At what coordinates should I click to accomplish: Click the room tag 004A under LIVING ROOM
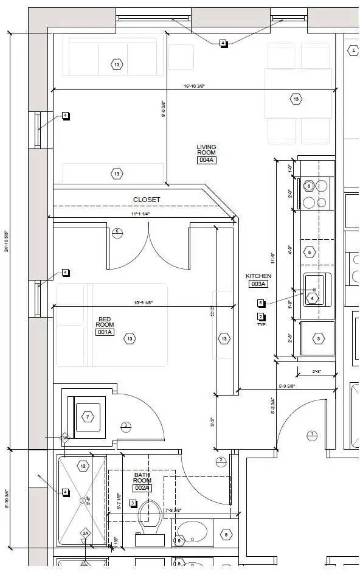206,160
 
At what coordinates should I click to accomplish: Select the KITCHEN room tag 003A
258,284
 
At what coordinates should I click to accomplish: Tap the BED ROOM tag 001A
105,332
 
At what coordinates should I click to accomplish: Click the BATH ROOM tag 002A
142,487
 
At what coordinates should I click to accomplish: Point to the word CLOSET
147,200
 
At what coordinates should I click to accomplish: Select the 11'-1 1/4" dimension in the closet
140,214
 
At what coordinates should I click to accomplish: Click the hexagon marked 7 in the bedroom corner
88,417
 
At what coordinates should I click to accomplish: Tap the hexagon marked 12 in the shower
83,466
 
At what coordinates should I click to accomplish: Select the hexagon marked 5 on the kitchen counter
310,252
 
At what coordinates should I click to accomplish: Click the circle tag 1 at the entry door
313,434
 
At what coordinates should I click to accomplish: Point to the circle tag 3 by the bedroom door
126,425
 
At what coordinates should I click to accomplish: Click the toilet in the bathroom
148,521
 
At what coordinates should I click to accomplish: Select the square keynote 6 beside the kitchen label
261,303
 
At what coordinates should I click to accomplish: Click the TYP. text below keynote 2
262,324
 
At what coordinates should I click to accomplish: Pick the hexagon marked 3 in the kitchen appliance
318,339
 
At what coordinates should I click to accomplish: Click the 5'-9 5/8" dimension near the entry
289,385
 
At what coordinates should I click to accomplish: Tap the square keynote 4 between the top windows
223,43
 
